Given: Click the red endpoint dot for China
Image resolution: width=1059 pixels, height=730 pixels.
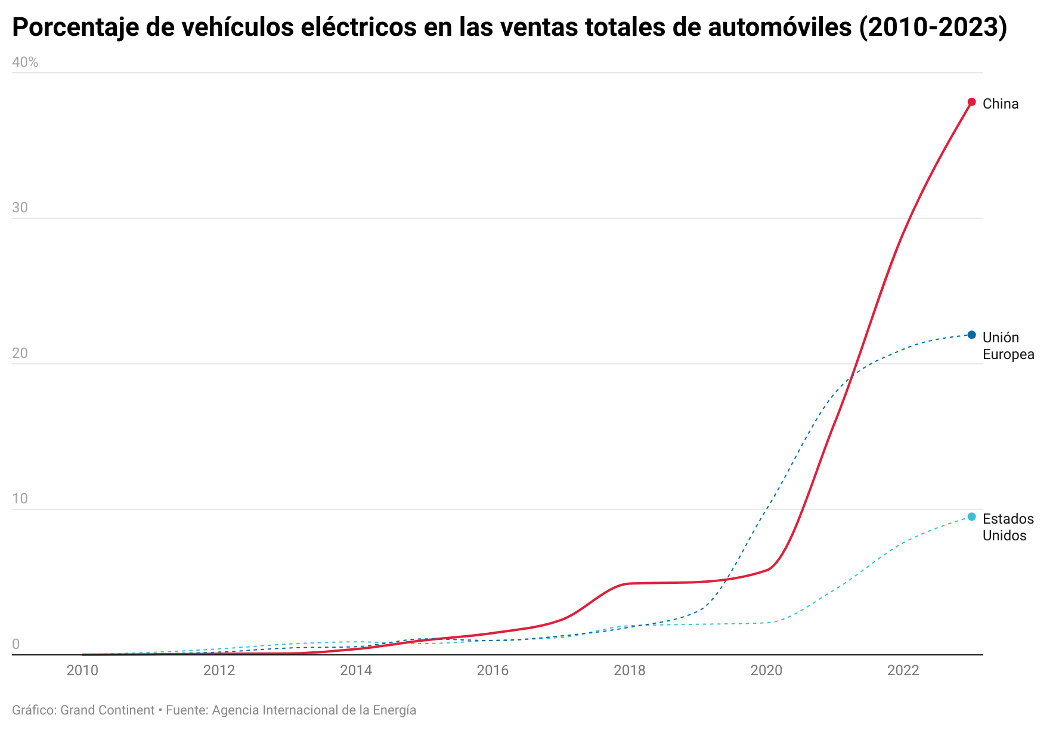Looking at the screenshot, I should [971, 102].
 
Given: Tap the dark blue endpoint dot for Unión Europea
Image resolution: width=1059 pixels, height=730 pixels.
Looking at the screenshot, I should [971, 335].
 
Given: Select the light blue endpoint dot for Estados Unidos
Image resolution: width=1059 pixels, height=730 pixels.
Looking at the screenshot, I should [971, 516].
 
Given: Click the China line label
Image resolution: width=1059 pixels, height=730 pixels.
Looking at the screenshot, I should [1000, 104].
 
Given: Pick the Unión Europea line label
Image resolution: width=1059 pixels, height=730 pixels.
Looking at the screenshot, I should [1008, 346].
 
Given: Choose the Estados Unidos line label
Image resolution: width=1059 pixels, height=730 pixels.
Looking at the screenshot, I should [1008, 527].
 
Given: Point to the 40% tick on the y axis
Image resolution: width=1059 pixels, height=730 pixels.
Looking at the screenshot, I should [25, 62].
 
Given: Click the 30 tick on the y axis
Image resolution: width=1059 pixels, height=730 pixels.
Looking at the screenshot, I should [20, 208].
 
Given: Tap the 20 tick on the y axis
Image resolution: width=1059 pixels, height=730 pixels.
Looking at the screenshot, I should [20, 353].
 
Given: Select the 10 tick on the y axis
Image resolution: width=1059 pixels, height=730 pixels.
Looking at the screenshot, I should [20, 499].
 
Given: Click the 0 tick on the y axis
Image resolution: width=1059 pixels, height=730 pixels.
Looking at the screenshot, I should [16, 644].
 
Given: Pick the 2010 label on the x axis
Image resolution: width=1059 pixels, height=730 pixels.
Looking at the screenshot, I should [82, 670].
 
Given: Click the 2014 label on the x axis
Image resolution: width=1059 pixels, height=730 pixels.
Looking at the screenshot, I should [356, 670].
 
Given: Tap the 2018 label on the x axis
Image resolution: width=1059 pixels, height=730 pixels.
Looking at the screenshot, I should [630, 670].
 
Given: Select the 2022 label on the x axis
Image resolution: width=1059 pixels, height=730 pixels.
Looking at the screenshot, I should [903, 670].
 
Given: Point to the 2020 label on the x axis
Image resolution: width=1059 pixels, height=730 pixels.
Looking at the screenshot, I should [766, 670].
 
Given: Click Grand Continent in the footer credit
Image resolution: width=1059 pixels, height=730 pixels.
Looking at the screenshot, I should [107, 710].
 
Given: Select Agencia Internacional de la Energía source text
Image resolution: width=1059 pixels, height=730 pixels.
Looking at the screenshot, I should [314, 710].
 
